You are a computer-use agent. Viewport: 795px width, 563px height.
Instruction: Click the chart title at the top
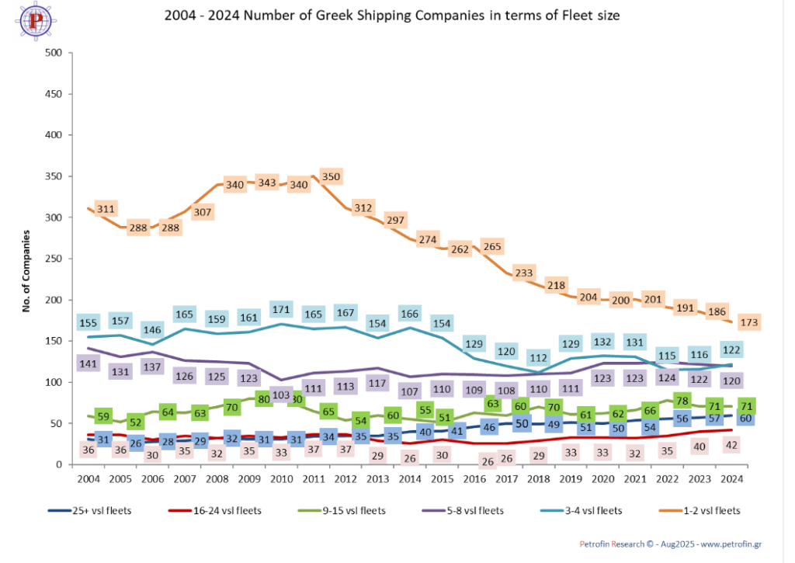pos(392,15)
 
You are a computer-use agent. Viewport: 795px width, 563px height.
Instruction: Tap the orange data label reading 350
pos(331,176)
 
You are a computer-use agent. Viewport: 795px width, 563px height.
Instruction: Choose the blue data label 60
pos(744,419)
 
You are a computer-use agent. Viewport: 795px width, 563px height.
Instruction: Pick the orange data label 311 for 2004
pos(106,209)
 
